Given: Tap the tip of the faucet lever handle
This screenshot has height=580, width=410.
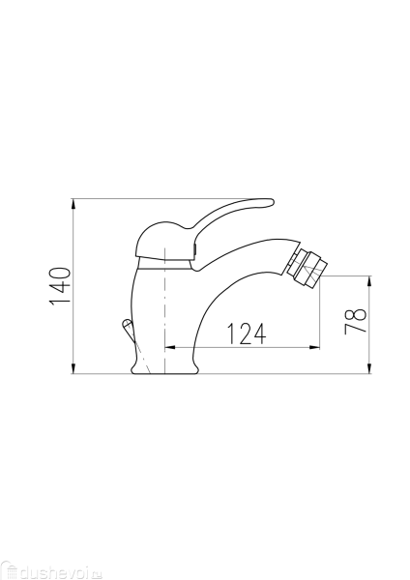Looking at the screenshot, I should coord(269,203).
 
